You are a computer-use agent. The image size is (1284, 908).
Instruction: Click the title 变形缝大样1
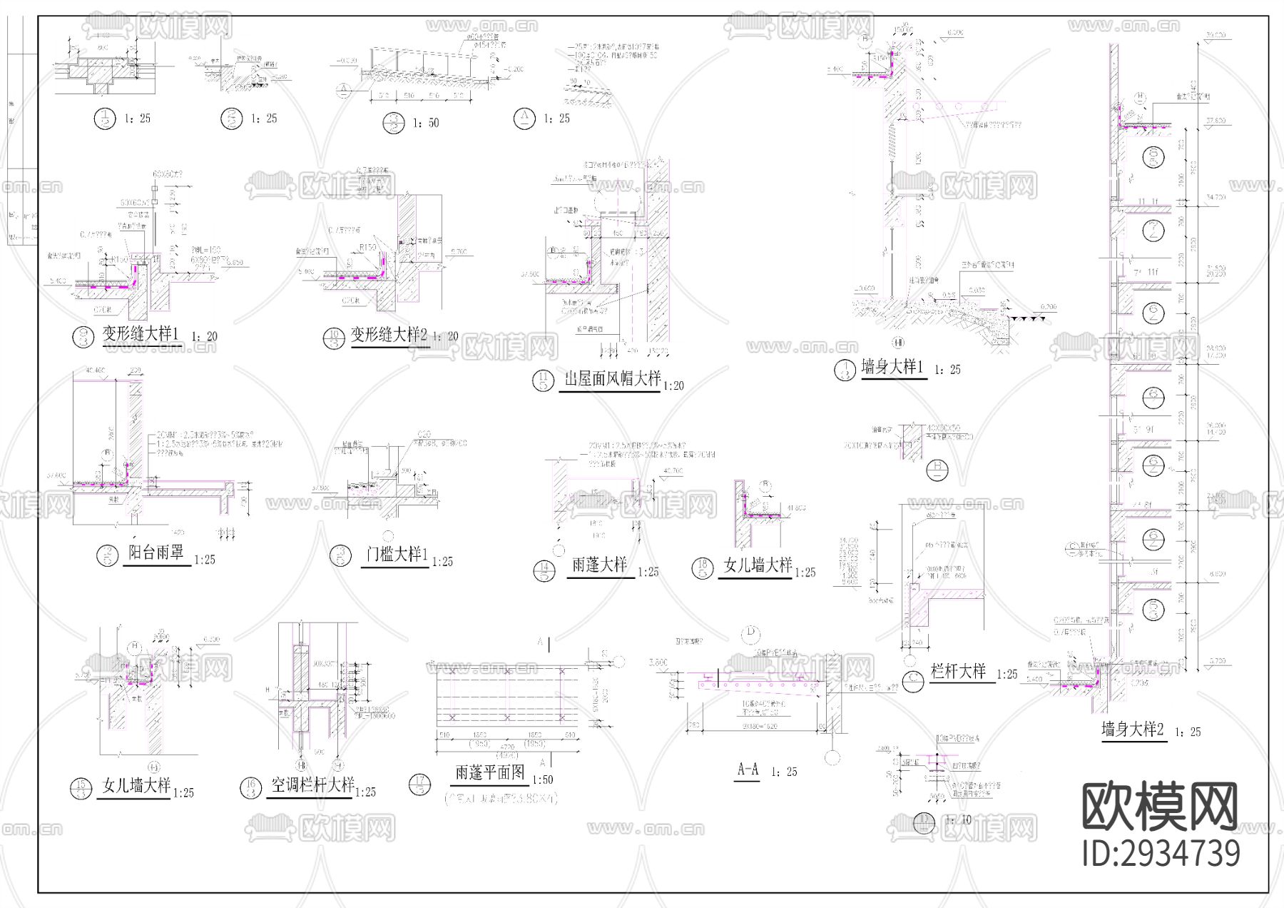(x=141, y=334)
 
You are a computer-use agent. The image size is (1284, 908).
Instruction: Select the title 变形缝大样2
(x=389, y=335)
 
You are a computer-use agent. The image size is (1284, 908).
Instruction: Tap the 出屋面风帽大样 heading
(x=613, y=379)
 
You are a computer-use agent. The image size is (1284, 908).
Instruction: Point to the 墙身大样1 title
(x=892, y=368)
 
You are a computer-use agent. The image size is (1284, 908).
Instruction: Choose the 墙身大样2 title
(x=1133, y=730)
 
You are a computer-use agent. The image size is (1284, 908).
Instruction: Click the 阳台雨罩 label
(x=156, y=553)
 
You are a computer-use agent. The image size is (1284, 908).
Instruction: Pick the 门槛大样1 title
(x=397, y=555)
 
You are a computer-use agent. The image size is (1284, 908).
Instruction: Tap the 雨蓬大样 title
(x=600, y=565)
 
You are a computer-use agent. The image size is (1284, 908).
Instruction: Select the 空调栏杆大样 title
(x=312, y=786)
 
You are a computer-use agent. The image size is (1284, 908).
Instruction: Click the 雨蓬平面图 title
(x=490, y=773)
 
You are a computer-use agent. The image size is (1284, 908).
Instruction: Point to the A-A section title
(x=748, y=770)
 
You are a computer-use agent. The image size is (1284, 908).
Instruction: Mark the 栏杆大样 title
(x=959, y=672)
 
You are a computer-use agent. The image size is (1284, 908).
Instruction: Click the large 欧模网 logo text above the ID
(x=1160, y=807)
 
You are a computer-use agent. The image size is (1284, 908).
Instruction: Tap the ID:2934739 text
(x=1161, y=854)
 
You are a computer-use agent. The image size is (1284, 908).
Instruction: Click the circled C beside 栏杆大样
(x=913, y=681)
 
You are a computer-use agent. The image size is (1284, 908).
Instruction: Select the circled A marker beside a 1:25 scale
(x=524, y=118)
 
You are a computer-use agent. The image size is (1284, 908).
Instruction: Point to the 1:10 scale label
(x=958, y=820)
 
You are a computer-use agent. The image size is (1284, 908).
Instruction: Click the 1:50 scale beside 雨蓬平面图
(x=543, y=780)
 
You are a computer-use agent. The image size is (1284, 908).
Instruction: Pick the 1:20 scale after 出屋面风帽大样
(x=673, y=386)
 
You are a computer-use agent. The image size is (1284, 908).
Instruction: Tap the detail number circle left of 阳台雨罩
(x=108, y=555)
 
